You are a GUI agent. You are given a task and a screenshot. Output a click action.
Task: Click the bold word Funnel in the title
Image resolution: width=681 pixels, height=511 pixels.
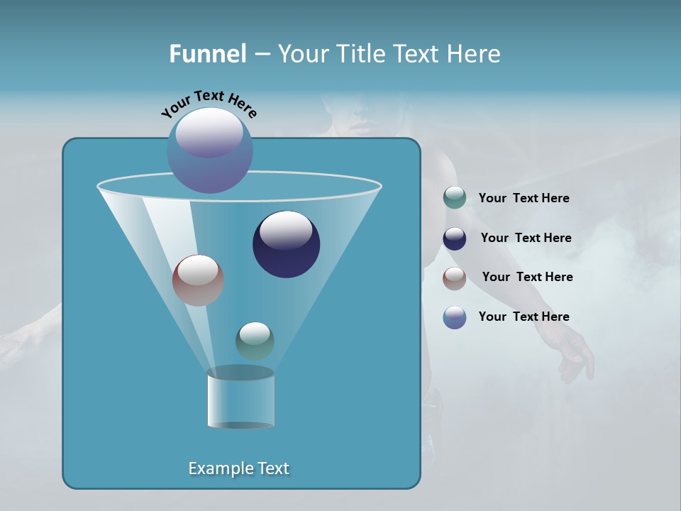pyautogui.click(x=207, y=54)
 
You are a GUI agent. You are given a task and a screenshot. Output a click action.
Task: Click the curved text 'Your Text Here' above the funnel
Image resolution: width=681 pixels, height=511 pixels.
pyautogui.click(x=209, y=104)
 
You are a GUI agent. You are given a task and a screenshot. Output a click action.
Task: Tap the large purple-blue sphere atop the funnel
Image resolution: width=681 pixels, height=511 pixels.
pyautogui.click(x=209, y=150)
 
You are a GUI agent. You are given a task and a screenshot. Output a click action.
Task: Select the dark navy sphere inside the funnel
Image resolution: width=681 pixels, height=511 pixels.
pyautogui.click(x=287, y=244)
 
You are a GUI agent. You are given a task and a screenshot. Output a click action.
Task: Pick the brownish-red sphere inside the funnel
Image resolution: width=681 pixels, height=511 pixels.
pyautogui.click(x=198, y=280)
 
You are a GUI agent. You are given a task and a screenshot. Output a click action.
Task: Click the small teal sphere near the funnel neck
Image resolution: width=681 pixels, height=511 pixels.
pyautogui.click(x=255, y=341)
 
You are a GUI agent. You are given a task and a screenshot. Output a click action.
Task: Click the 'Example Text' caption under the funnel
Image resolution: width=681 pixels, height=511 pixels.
pyautogui.click(x=238, y=468)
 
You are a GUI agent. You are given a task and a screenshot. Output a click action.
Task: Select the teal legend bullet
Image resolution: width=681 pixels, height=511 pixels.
pyautogui.click(x=455, y=198)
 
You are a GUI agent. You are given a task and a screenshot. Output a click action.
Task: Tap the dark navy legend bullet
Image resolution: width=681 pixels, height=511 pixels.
pyautogui.click(x=455, y=238)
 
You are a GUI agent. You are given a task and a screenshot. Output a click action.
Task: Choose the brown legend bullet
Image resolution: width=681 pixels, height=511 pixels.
pyautogui.click(x=455, y=278)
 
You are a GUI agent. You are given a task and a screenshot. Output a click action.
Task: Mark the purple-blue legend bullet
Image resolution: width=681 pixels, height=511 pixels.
pyautogui.click(x=455, y=317)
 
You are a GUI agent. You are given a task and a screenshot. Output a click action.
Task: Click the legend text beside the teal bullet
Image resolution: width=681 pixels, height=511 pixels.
pyautogui.click(x=524, y=199)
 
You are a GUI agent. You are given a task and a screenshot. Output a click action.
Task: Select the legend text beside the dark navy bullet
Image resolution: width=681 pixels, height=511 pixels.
pyautogui.click(x=526, y=238)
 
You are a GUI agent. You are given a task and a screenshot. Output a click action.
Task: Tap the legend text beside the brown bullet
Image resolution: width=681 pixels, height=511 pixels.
pyautogui.click(x=527, y=278)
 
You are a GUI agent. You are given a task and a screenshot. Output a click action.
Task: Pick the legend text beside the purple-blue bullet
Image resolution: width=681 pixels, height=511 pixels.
pyautogui.click(x=524, y=317)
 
